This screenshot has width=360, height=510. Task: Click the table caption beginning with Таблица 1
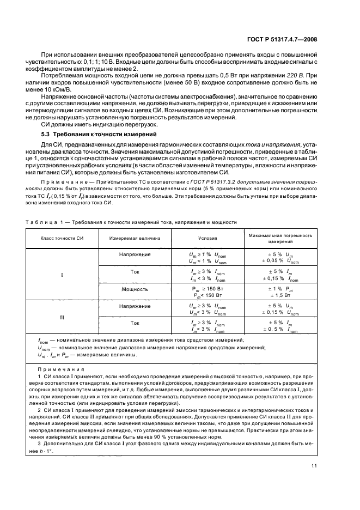pos(131,222)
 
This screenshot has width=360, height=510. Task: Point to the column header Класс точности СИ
pos(61,238)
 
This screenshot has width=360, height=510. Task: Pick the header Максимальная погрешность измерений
pos(280,238)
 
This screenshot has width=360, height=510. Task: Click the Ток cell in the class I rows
pos(135,271)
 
